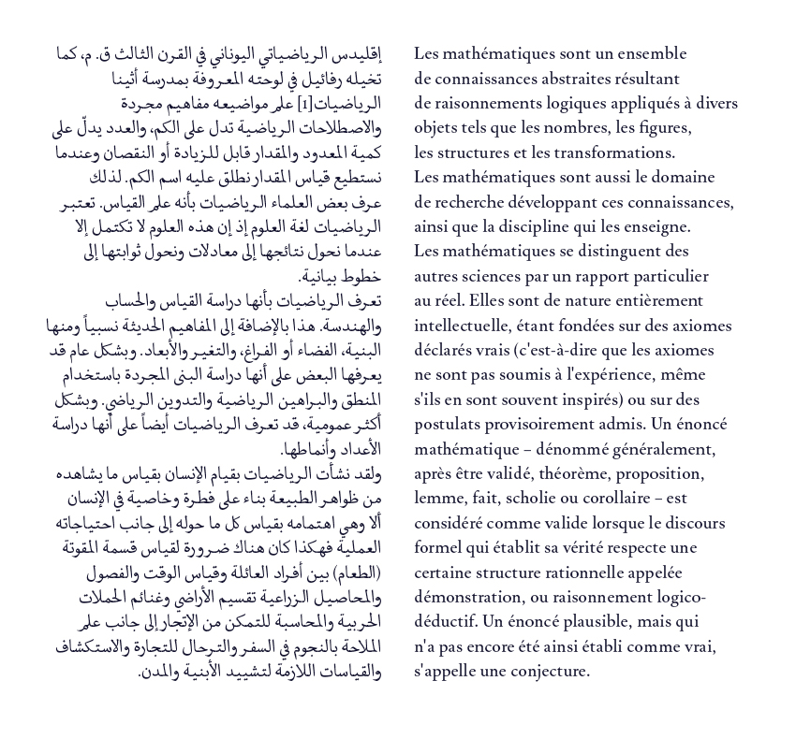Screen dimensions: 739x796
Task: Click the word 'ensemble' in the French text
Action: coord(651,54)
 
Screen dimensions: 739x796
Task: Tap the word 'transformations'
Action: coord(611,153)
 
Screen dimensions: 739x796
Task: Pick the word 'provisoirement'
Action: coord(546,425)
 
